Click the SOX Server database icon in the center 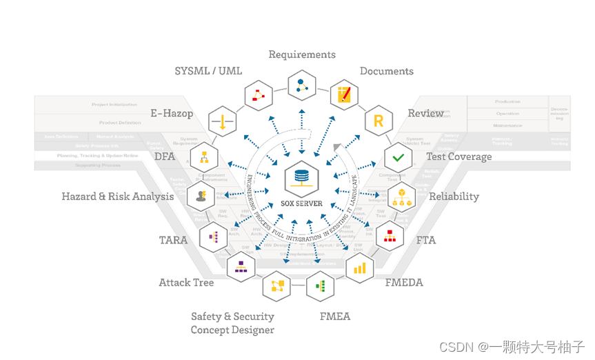(301, 179)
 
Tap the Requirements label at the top (302, 54)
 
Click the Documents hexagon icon (345, 95)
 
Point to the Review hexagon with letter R (378, 121)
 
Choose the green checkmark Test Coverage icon (398, 158)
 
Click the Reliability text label (454, 197)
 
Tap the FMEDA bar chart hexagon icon (359, 267)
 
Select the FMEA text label (335, 317)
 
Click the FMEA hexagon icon (319, 284)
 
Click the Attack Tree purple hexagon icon (241, 266)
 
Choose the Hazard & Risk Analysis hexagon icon (201, 196)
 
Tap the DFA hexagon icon (204, 158)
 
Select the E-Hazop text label (172, 113)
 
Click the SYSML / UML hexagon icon (259, 95)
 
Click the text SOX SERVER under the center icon (301, 203)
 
